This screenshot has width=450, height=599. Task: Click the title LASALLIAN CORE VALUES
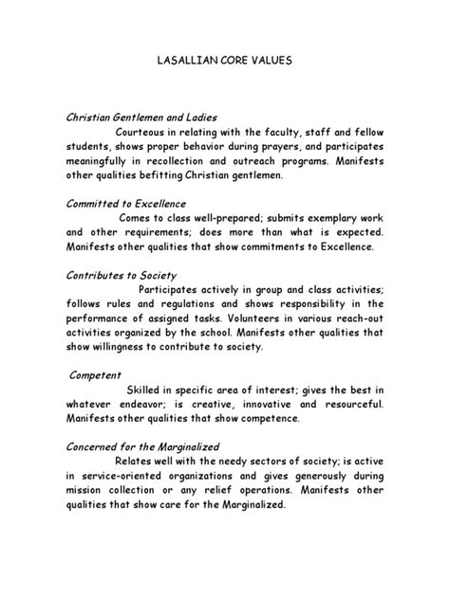[x=225, y=60]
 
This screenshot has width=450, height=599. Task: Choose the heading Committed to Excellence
[x=125, y=204]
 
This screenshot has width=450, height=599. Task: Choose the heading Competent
[x=98, y=375]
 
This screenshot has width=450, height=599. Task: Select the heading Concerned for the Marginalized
[x=142, y=446]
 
